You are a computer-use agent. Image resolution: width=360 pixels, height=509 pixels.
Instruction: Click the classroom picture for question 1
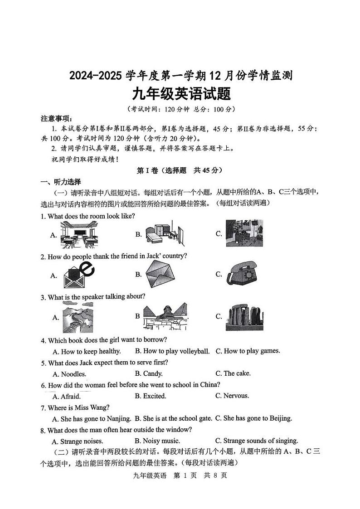coord(78,234)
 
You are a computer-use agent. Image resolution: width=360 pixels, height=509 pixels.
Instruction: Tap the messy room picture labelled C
coord(244,233)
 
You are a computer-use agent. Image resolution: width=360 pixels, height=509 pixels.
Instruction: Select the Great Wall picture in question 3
coord(78,317)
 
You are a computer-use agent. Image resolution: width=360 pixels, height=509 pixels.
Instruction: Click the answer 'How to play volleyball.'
coord(172,351)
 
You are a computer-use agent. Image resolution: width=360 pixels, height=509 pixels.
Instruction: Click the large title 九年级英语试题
coord(181,94)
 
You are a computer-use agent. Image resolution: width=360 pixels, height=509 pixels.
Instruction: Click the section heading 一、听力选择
coord(61,182)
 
